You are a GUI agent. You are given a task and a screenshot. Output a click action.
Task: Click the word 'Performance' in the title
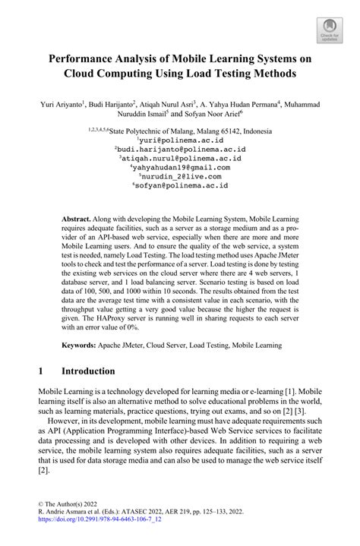pyautogui.click(x=92, y=58)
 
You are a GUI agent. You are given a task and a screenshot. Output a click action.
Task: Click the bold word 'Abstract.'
pyautogui.click(x=80, y=216)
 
